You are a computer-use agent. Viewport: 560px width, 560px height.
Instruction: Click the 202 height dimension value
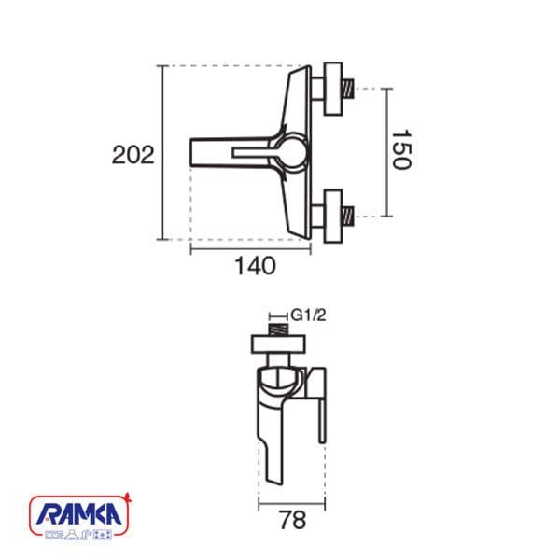pos(133,155)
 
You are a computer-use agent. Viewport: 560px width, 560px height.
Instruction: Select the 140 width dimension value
pos(255,266)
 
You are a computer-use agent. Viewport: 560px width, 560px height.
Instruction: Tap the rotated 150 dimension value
pos(401,149)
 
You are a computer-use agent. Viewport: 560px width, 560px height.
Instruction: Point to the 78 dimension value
pos(292,521)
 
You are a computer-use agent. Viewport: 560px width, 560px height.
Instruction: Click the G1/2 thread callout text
pos(309,315)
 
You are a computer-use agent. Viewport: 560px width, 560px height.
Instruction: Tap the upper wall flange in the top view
pos(333,89)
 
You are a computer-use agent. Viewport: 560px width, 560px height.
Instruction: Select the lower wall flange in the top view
pos(333,217)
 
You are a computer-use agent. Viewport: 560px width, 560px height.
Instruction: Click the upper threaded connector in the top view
pos(348,89)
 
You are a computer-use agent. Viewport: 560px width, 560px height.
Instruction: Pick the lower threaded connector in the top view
pos(348,217)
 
